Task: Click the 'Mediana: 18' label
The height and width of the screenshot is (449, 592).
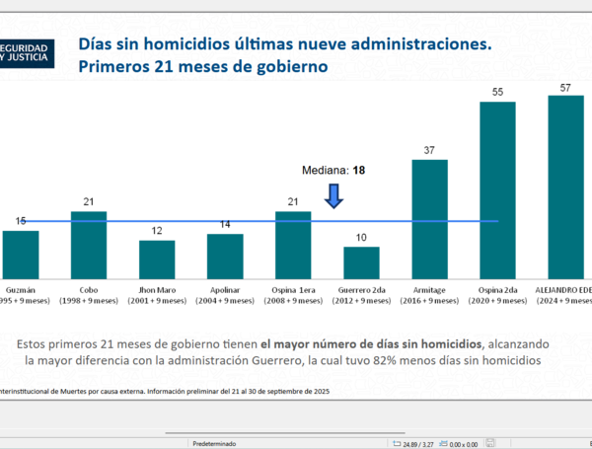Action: (333, 170)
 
